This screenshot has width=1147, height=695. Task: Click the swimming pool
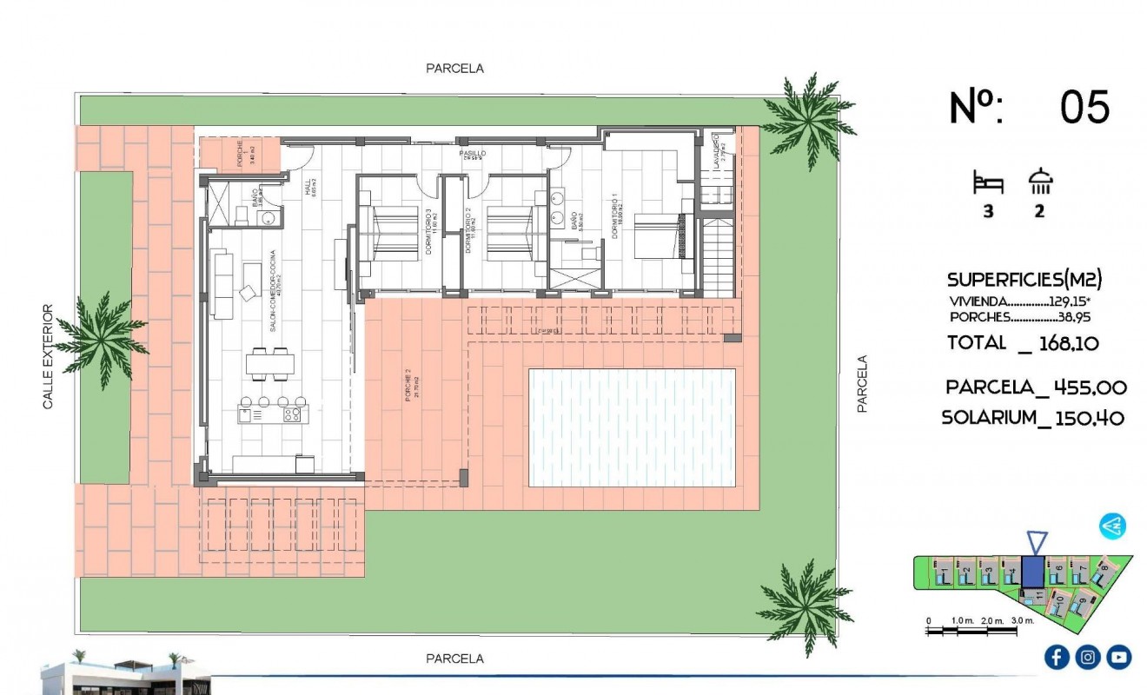pos(632,427)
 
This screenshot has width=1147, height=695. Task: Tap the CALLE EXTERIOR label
pos(49,356)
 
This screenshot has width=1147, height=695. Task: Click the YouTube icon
pos(1119,657)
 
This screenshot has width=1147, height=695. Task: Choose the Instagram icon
pos(1088,657)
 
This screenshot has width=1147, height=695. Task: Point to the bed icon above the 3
pos(988,183)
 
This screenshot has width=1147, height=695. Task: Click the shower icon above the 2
pos(1040,182)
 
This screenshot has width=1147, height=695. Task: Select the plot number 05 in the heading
pos(1084,108)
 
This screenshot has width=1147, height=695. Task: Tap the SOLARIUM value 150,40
pos(1090,418)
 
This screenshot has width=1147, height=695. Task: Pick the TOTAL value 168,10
pos(1066,343)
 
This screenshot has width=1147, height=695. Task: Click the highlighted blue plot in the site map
pos(1033,572)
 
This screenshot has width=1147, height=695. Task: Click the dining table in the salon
pos(269,363)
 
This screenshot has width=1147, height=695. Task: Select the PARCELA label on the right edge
pos(863,383)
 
